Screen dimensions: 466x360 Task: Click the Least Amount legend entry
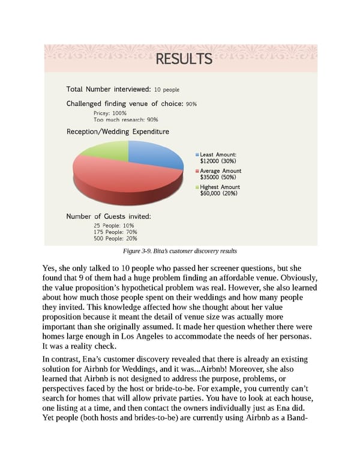pos(219,157)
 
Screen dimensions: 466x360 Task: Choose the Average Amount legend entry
pos(220,174)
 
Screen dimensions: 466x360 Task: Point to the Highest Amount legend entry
pos(220,190)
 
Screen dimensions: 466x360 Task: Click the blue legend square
pos(197,154)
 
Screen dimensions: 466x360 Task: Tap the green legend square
pos(197,187)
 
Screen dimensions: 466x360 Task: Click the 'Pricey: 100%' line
pos(110,113)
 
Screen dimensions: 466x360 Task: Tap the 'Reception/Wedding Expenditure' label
pos(117,132)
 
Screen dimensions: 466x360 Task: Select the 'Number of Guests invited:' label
pos(108,216)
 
